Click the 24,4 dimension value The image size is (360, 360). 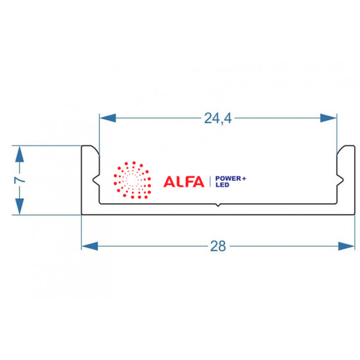(218, 118)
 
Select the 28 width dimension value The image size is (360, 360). (218, 246)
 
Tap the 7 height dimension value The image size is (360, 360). (19, 180)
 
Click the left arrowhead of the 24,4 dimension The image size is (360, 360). (108, 118)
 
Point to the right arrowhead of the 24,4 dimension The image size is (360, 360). (328, 118)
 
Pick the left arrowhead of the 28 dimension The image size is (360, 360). (90, 246)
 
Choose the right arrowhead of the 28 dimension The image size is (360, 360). (346, 246)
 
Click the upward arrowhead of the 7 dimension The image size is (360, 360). (19, 154)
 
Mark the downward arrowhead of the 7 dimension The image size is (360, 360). (19, 206)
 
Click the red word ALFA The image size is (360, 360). (184, 181)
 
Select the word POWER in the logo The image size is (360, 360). (228, 179)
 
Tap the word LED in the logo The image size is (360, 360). (222, 185)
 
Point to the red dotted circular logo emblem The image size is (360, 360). (132, 180)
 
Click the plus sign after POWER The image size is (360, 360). (244, 179)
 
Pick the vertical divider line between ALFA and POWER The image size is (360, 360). (210, 181)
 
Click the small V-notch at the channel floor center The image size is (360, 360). (218, 205)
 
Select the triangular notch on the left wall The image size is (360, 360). (96, 180)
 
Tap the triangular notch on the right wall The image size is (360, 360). (340, 180)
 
